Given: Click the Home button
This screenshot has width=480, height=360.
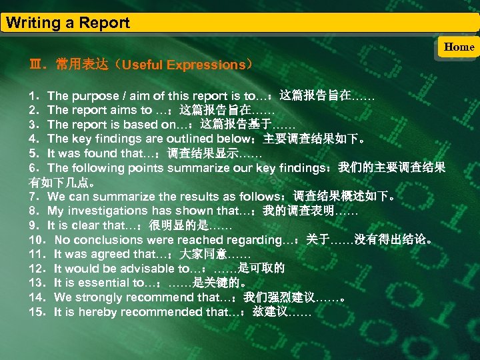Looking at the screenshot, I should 459,47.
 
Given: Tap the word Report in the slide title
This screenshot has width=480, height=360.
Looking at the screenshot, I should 105,23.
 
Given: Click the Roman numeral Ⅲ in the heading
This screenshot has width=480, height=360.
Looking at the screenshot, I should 35,65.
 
